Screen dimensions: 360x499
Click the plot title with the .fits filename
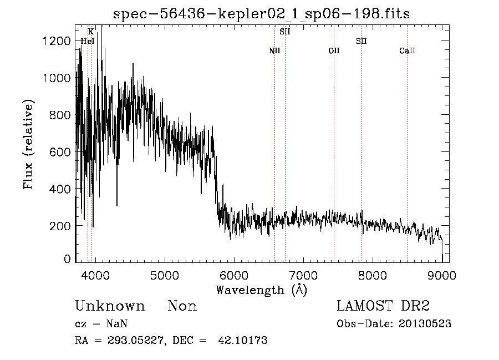coord(261,13)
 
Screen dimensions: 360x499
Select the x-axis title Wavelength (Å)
coord(261,290)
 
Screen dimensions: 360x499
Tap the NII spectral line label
coord(274,51)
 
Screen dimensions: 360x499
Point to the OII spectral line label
coord(334,51)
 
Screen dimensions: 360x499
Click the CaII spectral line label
coord(407,51)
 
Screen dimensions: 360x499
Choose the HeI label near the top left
coord(88,41)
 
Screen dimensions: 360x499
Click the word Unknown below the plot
coord(110,306)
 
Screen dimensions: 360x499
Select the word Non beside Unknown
coord(182,306)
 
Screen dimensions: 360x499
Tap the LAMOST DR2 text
coord(383,306)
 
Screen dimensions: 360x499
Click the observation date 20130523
coord(424,324)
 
